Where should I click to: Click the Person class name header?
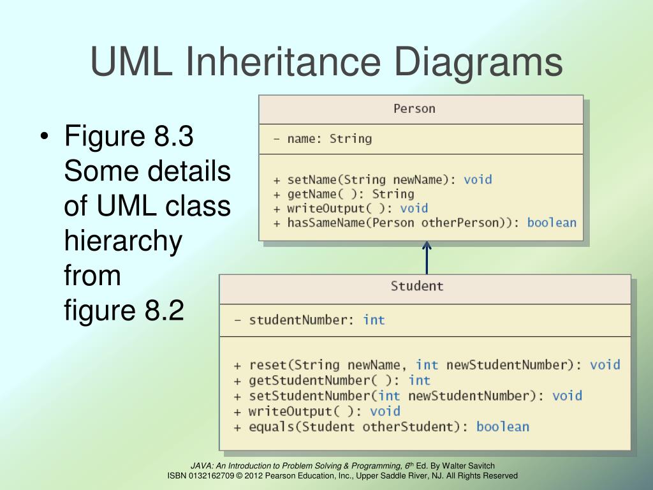pyautogui.click(x=414, y=108)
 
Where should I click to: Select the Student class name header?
pyautogui.click(x=417, y=286)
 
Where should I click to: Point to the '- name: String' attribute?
pyautogui.click(x=322, y=138)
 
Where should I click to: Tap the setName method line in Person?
pyautogui.click(x=382, y=180)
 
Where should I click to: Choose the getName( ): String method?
pyautogui.click(x=343, y=194)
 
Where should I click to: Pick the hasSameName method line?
pyautogui.click(x=424, y=223)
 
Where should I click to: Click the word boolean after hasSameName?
pyautogui.click(x=552, y=223)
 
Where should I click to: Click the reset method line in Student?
pyautogui.click(x=426, y=365)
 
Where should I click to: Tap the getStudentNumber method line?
pyautogui.click(x=332, y=380)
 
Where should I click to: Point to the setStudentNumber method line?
pyautogui.click(x=407, y=396)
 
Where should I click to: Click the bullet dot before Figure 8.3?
pyautogui.click(x=43, y=138)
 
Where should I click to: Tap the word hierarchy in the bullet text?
pyautogui.click(x=123, y=242)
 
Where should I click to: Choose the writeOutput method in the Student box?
pyautogui.click(x=316, y=411)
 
